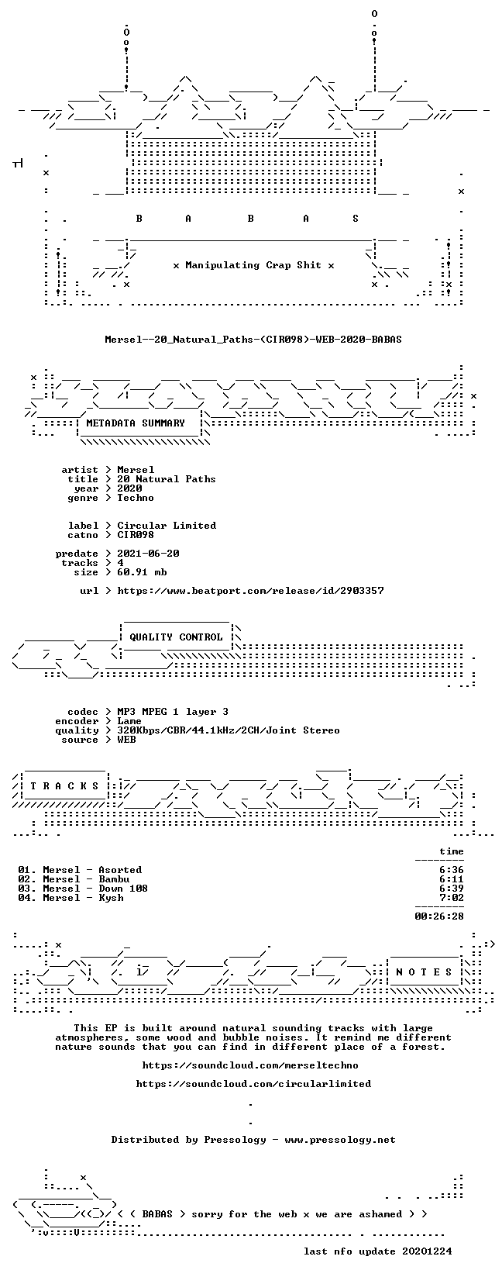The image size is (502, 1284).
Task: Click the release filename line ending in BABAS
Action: pos(253,340)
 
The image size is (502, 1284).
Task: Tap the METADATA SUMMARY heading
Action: pos(136,423)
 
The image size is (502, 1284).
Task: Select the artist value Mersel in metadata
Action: pos(136,470)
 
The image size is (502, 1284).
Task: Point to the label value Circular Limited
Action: pos(167,526)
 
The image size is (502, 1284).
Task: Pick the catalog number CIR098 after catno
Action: pos(136,535)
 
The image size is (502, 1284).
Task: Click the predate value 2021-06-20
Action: pos(148,553)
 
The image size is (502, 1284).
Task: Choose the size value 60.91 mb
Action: pos(142,572)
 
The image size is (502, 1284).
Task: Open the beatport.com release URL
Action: pos(251,590)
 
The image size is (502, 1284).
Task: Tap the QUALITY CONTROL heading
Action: pos(176,637)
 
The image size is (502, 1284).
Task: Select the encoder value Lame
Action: pos(129,721)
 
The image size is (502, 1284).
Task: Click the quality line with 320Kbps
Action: pos(229,730)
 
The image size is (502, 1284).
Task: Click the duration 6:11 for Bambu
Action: pos(452,879)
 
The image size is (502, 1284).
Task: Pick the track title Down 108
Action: pos(123,889)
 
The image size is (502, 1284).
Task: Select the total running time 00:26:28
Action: pos(439,916)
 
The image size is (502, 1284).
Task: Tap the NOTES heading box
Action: pos(425,972)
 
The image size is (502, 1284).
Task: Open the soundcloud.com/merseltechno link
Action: pos(250,1065)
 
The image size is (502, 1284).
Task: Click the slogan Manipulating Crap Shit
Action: pos(253,265)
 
